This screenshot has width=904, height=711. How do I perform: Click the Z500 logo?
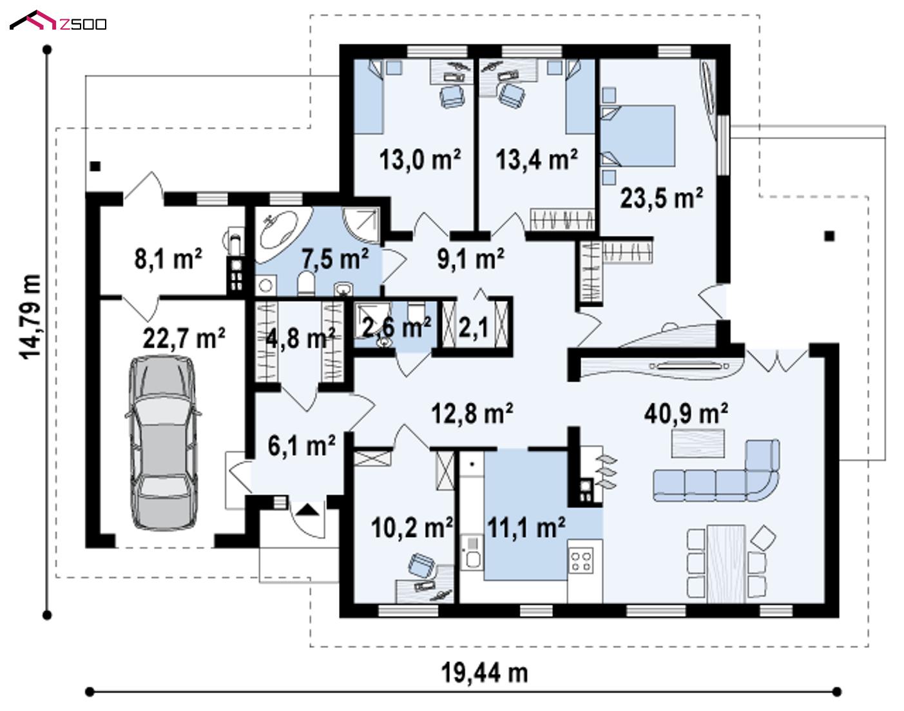coord(58,21)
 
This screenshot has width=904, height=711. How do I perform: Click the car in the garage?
coord(163,442)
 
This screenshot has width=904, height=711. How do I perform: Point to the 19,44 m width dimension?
coord(485,673)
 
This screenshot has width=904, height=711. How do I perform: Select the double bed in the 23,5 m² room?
coord(639,135)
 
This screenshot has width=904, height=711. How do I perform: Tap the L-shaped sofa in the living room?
coord(716,471)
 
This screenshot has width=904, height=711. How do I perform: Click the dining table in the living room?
coord(726,563)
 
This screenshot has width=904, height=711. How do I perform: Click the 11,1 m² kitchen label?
coord(526,528)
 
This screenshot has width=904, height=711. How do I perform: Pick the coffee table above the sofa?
coord(698,443)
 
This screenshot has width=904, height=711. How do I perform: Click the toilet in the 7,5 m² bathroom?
coord(306,282)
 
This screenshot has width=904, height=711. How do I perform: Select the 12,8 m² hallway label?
coord(472,413)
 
